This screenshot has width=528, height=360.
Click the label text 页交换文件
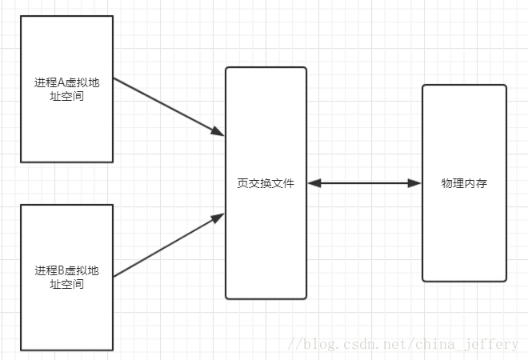(x=266, y=183)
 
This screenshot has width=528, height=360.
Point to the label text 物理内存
(x=464, y=183)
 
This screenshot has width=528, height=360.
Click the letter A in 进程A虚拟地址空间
(x=62, y=82)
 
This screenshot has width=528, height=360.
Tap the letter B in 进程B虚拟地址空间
(x=62, y=270)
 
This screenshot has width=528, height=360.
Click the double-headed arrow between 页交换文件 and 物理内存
(x=364, y=183)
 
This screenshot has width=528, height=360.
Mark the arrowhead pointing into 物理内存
(x=414, y=183)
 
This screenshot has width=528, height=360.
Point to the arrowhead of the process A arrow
(x=218, y=130)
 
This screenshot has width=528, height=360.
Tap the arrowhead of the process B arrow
(x=218, y=217)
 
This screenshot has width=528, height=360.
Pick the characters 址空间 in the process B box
(x=66, y=284)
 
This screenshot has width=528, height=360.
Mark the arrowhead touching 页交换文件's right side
(x=314, y=183)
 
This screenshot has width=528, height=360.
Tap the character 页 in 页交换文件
(x=242, y=183)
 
